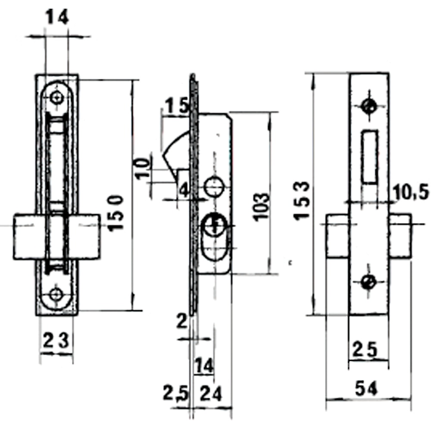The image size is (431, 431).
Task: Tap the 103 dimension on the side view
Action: (x=261, y=207)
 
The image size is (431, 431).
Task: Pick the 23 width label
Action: (x=56, y=342)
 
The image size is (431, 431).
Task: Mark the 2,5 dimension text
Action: (x=175, y=393)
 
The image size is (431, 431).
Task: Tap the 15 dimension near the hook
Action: (x=175, y=106)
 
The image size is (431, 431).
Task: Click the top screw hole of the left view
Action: (x=56, y=98)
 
